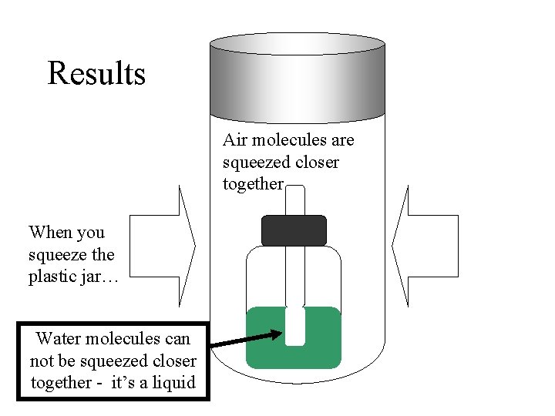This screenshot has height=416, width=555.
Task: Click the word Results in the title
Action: [x=96, y=74]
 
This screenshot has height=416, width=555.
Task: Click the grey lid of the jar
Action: [x=298, y=77]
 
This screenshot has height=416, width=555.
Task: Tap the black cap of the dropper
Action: [x=294, y=230]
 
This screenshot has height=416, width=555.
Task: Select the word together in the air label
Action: [x=253, y=184]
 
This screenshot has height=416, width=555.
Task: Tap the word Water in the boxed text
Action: [x=59, y=338]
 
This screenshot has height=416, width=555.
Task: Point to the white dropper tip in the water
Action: [x=294, y=327]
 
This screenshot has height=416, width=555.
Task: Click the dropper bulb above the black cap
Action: [x=294, y=200]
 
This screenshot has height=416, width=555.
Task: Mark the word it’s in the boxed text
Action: [x=132, y=382]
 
